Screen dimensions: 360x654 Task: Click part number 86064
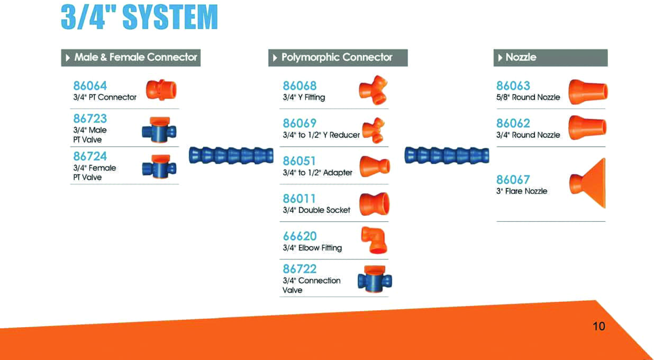tap(90, 86)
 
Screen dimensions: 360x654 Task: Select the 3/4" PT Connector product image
tap(161, 90)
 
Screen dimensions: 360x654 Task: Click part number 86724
tap(90, 156)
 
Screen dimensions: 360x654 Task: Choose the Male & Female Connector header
tap(131, 58)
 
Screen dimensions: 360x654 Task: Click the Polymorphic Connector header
tap(338, 58)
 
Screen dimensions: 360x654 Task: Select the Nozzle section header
tap(550, 58)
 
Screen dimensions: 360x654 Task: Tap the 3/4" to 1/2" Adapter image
tap(375, 166)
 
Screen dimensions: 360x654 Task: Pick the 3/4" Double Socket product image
tap(374, 204)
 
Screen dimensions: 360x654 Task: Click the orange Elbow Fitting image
tap(374, 240)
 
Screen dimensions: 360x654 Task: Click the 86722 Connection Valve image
tap(375, 279)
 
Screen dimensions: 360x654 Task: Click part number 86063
tap(513, 86)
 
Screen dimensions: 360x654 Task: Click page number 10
tap(598, 326)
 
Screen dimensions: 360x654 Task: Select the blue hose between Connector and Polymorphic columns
tap(231, 156)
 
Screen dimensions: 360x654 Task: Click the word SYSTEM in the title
tap(170, 17)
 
